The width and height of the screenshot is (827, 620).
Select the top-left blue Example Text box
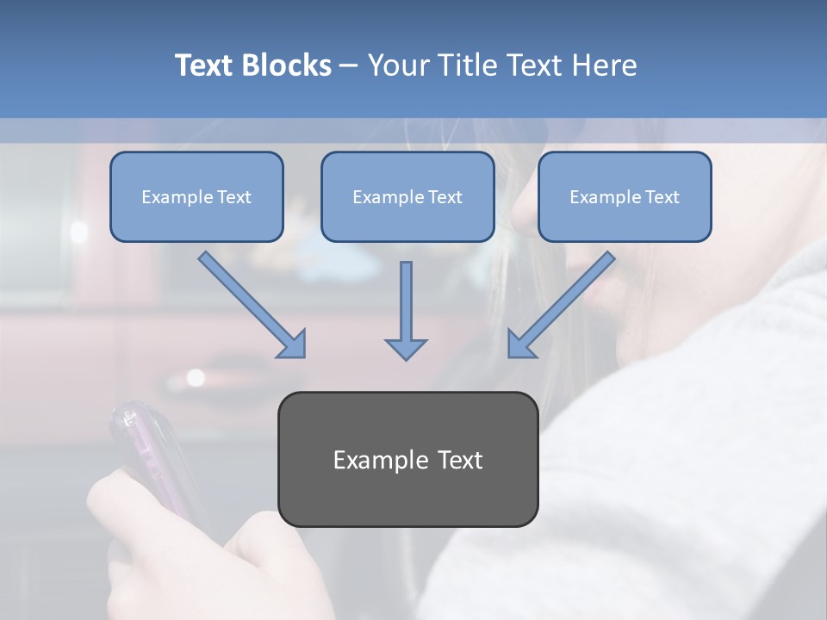196,197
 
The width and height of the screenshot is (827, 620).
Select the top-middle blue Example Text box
407,197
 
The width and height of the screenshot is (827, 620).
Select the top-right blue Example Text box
625,197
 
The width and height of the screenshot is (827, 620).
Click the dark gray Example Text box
407,459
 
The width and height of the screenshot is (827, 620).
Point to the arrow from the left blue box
250,303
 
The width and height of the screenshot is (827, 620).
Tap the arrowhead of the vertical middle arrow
406,348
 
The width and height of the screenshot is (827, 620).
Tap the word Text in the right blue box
662,197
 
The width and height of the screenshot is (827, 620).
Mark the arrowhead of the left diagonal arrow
291,344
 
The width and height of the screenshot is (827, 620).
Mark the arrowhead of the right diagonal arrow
521,344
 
